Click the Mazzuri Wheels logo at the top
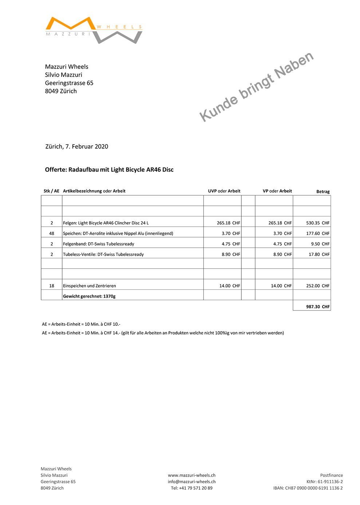click(x=94, y=30)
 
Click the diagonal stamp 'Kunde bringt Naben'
click(x=256, y=86)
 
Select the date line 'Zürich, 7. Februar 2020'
click(x=77, y=146)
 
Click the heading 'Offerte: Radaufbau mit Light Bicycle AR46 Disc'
click(x=109, y=170)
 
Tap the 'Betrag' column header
click(x=323, y=192)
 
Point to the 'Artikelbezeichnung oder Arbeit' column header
click(x=94, y=191)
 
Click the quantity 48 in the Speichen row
click(x=52, y=234)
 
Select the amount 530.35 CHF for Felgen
click(x=318, y=223)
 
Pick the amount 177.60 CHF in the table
click(x=318, y=234)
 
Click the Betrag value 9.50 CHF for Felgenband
click(x=320, y=244)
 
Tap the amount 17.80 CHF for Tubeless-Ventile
click(x=319, y=255)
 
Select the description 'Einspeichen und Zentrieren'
click(x=90, y=286)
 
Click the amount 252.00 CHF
click(x=318, y=286)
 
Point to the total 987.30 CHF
click(x=318, y=307)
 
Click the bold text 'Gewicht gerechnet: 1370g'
click(x=89, y=297)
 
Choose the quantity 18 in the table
click(x=52, y=286)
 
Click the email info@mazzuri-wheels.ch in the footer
click(x=191, y=482)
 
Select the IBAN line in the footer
click(x=308, y=488)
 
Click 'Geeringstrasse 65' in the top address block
click(x=69, y=83)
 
